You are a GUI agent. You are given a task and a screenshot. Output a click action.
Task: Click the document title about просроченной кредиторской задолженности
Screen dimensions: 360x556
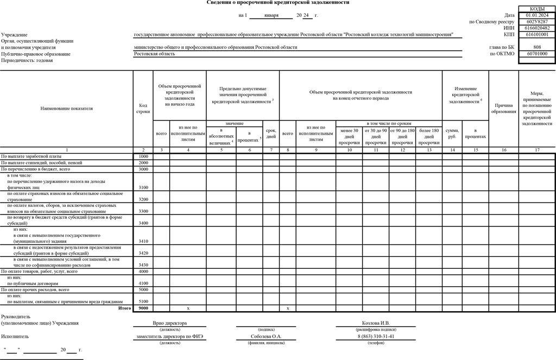(278, 3)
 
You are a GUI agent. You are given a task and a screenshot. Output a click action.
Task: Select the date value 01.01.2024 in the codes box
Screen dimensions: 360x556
(537, 15)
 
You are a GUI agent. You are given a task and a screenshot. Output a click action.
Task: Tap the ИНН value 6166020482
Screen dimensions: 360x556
(537, 28)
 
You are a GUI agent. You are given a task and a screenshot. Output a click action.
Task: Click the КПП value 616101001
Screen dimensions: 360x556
(537, 34)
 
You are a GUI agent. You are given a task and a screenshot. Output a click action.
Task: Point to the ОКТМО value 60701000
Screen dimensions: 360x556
(537, 54)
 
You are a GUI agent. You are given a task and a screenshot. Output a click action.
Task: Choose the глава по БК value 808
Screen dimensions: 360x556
(537, 47)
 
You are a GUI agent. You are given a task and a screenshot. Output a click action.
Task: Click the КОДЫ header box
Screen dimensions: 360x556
(537, 9)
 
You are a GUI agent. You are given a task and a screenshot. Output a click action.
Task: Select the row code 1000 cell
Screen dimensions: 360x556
(143, 156)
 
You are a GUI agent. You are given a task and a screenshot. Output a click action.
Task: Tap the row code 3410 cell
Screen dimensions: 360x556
(143, 242)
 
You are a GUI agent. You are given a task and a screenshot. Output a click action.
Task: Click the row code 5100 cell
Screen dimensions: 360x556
(143, 301)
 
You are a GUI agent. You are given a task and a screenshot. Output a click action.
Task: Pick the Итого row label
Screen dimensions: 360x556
(125, 308)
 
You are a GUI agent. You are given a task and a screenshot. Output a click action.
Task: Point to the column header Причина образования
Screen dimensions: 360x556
(504, 108)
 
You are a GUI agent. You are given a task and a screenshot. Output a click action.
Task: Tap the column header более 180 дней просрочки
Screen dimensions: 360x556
(429, 136)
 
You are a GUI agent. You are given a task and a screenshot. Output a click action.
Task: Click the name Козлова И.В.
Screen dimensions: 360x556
(375, 323)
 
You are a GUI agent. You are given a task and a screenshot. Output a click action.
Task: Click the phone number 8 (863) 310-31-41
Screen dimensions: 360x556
(375, 336)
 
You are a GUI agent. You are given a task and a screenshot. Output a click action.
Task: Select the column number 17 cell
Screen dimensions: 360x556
(537, 150)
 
